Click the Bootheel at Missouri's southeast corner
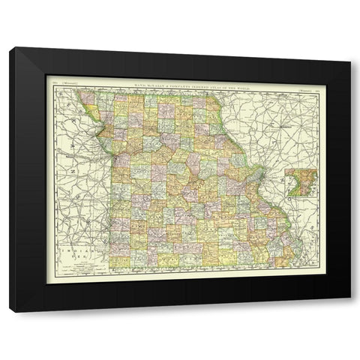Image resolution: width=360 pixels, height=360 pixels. (283, 259)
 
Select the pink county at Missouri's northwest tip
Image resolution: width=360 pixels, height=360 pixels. (88, 97)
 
